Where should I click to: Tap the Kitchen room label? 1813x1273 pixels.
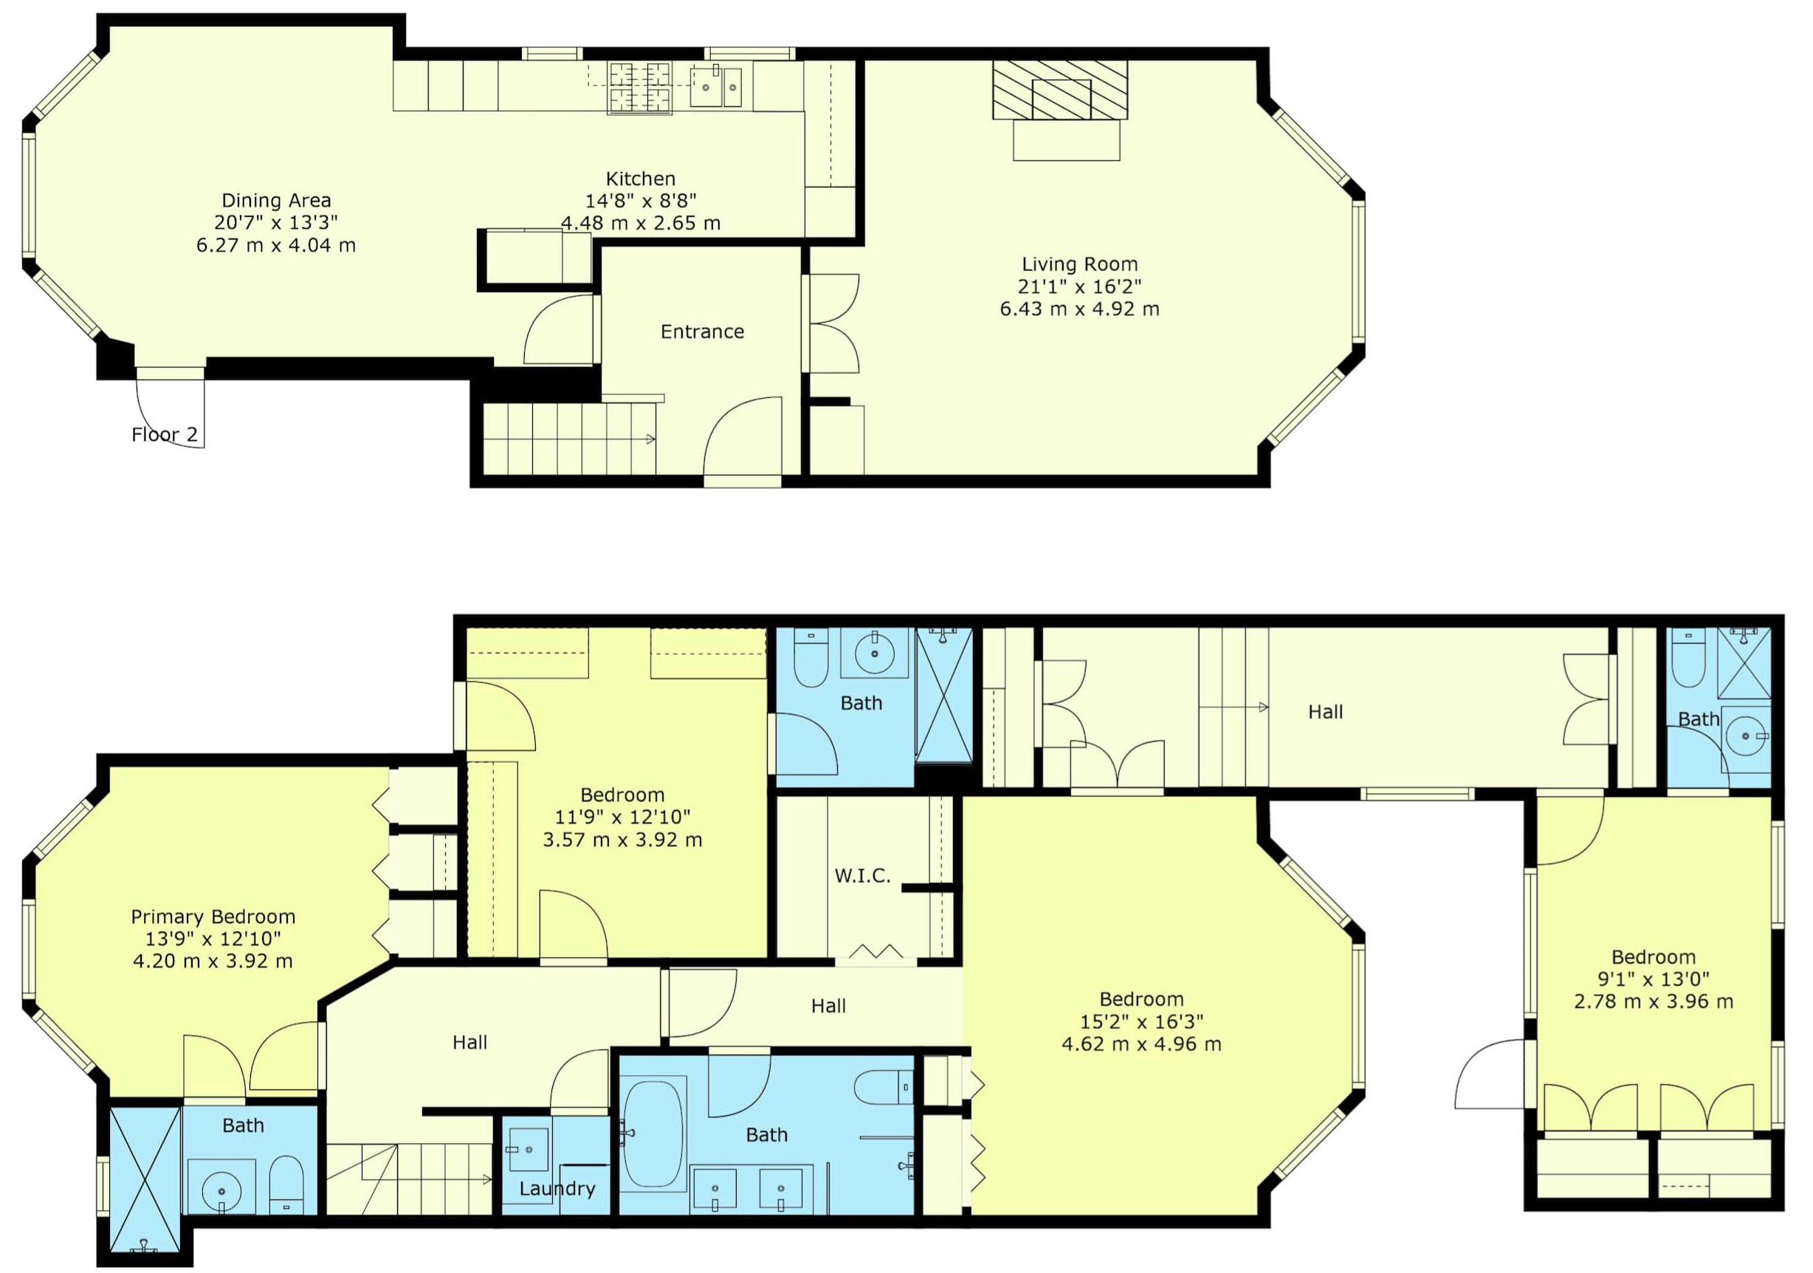click(641, 179)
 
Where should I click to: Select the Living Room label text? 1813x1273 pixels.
click(1079, 264)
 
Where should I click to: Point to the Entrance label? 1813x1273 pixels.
click(702, 332)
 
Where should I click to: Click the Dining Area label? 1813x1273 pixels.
click(276, 201)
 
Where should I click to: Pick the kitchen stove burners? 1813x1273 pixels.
click(639, 88)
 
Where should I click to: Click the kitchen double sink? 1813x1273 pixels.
click(716, 87)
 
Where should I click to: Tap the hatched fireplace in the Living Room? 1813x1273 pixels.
click(1060, 90)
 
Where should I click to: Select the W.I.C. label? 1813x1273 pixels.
click(862, 876)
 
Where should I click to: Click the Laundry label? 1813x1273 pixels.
click(557, 1189)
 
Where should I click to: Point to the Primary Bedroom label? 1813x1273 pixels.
click(213, 917)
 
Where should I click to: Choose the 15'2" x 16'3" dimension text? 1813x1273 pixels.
click(1142, 1022)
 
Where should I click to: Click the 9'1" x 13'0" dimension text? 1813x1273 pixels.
click(1654, 979)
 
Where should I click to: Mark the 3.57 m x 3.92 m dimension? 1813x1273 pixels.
click(622, 840)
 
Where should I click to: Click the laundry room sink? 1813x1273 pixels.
click(529, 1149)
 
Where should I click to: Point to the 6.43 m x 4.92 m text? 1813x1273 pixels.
click(1079, 309)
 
